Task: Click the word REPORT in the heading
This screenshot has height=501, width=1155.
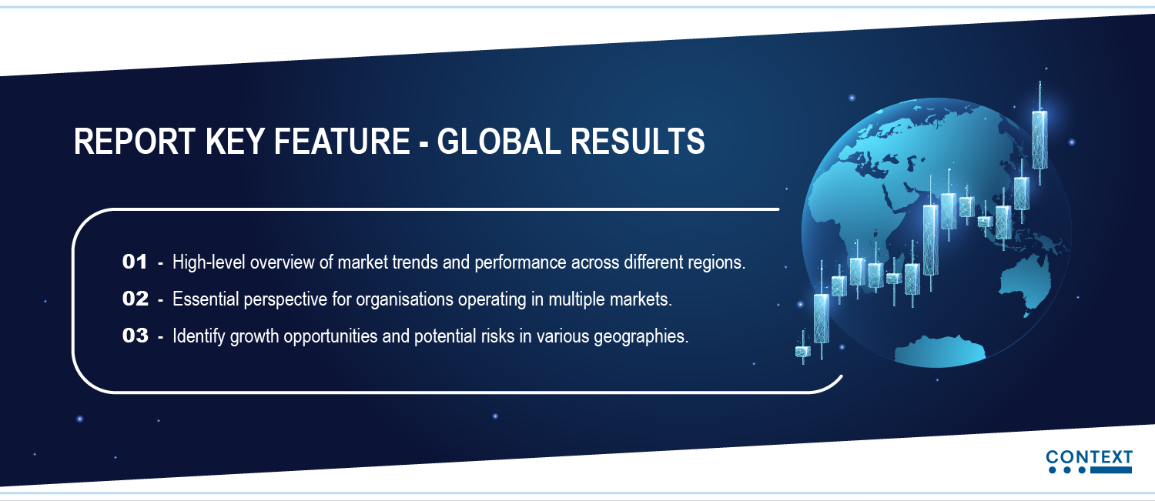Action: click(x=135, y=142)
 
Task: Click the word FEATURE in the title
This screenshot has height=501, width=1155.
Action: click(x=342, y=142)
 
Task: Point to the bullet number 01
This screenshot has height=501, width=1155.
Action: click(x=135, y=262)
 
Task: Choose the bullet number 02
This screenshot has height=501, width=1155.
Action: click(x=135, y=299)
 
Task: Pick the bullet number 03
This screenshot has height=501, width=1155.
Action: click(x=135, y=336)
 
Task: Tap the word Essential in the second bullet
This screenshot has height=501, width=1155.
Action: click(x=206, y=299)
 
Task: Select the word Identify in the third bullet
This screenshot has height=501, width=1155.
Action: click(x=199, y=336)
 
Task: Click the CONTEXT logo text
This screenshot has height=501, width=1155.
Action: click(x=1089, y=457)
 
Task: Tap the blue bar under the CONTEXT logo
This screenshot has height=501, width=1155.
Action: click(x=1111, y=470)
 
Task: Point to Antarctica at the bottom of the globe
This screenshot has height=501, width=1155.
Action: click(x=940, y=352)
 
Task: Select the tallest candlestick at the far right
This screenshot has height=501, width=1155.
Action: click(x=1039, y=134)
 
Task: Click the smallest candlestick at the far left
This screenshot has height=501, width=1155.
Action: click(x=803, y=349)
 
